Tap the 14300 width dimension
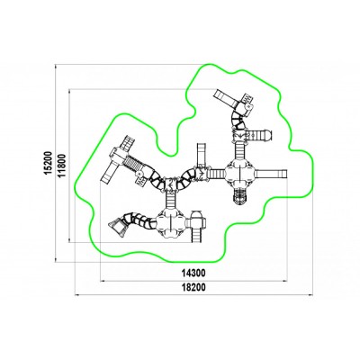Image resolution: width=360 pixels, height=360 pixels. [193, 273]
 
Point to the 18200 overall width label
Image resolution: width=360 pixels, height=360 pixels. [193, 287]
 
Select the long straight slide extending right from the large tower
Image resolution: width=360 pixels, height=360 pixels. [271, 174]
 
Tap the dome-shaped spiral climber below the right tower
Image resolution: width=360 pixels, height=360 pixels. [240, 196]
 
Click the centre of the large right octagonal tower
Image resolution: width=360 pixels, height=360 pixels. [240, 174]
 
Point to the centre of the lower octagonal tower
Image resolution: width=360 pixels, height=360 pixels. [170, 222]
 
